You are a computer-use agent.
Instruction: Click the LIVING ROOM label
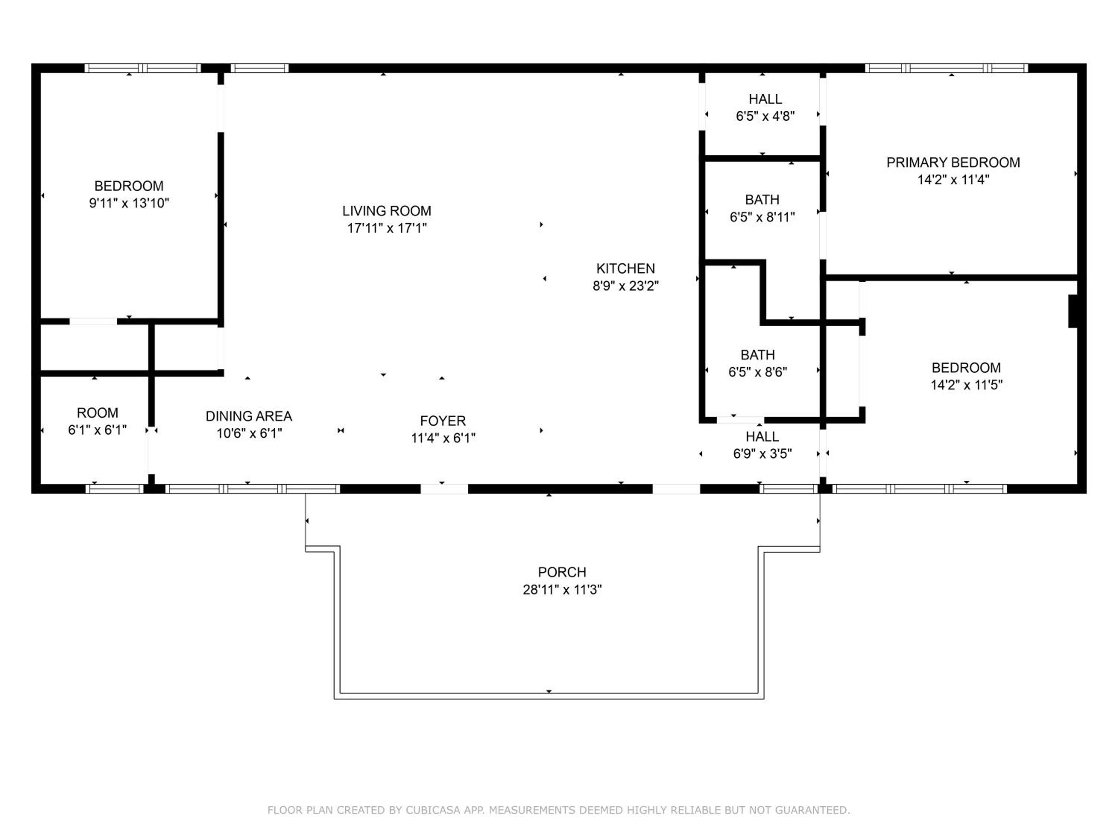coord(387,211)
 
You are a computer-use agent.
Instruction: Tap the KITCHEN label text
coord(625,268)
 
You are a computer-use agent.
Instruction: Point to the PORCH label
coord(562,572)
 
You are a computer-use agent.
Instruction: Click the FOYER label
coord(443,421)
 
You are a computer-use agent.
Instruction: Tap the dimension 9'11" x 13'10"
coord(129,203)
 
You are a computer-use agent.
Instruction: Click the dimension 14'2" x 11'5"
coord(966,385)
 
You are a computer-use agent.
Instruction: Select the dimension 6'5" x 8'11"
coord(762,217)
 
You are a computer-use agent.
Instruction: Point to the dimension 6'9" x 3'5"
coord(762,454)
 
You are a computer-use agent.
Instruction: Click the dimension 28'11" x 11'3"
coord(562,590)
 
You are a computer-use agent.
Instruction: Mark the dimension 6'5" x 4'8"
coord(765,116)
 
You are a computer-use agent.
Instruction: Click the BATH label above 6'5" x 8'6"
coord(758,355)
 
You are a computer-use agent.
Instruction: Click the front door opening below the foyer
coord(444,489)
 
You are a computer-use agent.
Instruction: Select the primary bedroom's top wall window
coord(946,68)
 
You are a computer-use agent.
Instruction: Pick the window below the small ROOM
coord(115,489)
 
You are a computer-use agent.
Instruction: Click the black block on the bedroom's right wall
coord(1073,311)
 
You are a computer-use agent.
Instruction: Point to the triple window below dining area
coord(253,489)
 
